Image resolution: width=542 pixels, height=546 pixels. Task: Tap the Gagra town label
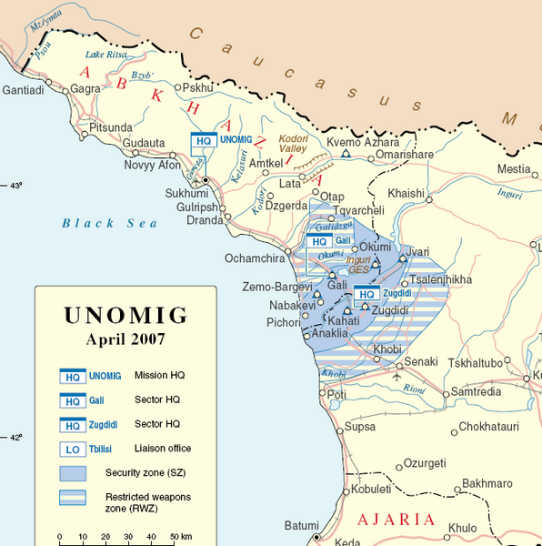86,89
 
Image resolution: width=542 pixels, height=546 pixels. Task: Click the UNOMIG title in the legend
125,316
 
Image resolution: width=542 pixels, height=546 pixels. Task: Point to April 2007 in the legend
125,339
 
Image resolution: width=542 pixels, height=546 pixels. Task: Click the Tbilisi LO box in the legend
72,449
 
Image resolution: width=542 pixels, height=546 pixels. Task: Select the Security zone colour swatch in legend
72,473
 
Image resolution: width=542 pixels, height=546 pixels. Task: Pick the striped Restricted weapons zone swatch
72,498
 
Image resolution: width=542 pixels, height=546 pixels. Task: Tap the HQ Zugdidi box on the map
366,294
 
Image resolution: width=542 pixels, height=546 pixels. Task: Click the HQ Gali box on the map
318,241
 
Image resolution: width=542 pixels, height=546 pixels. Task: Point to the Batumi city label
301,526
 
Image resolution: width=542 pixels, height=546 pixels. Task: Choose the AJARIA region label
396,521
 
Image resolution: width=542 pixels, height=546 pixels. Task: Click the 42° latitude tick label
15,437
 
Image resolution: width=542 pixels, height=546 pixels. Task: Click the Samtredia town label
476,391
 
